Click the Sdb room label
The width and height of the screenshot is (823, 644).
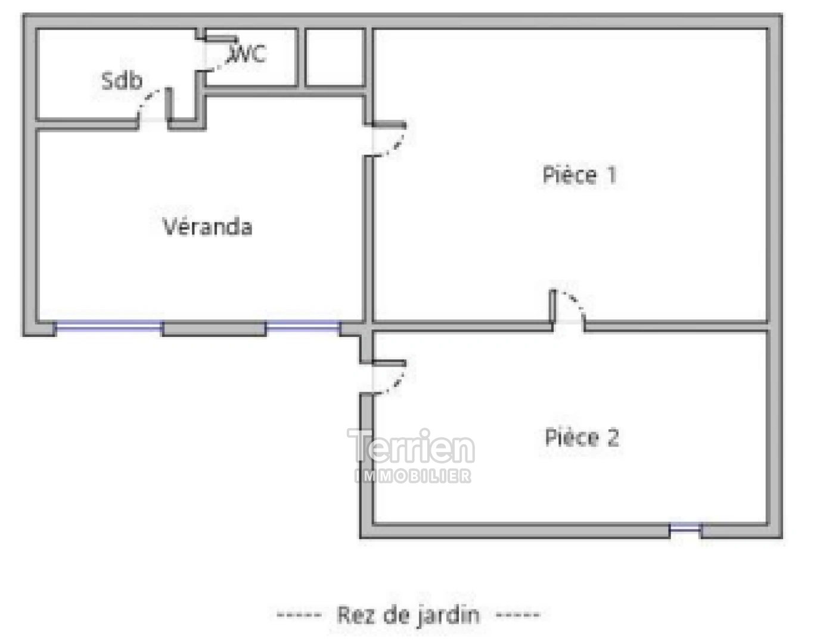pyautogui.click(x=122, y=80)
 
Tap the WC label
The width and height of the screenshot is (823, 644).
pyautogui.click(x=247, y=54)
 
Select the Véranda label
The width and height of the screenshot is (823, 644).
pyautogui.click(x=207, y=227)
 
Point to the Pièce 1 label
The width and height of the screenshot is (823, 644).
pyautogui.click(x=579, y=175)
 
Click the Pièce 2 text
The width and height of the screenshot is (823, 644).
pyautogui.click(x=582, y=438)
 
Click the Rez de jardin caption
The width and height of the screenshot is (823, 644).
pyautogui.click(x=408, y=615)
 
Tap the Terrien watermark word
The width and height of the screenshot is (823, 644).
pyautogui.click(x=411, y=447)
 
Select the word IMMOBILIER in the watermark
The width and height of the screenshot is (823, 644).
pyautogui.click(x=413, y=476)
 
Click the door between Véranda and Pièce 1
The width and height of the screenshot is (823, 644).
pyautogui.click(x=387, y=140)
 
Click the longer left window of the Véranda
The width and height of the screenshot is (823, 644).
pyautogui.click(x=108, y=326)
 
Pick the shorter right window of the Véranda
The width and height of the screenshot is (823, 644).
pyautogui.click(x=303, y=326)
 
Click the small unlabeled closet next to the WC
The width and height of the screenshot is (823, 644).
pyautogui.click(x=335, y=57)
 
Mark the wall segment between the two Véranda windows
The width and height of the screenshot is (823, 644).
pyautogui.click(x=214, y=328)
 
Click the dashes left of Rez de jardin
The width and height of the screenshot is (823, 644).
pyautogui.click(x=299, y=615)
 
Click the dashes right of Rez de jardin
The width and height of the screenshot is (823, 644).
pyautogui.click(x=518, y=615)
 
